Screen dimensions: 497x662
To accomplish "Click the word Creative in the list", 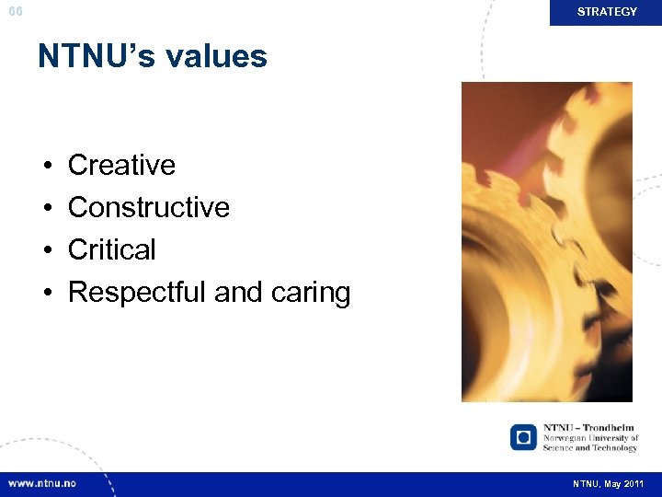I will [x=121, y=166].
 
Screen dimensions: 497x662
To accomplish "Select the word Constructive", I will [x=149, y=208].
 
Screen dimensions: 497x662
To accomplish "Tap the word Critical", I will [x=112, y=250].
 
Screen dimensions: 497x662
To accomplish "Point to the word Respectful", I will [x=137, y=293].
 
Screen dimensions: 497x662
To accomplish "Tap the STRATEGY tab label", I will [x=607, y=12].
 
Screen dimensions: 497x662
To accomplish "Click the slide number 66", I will [x=15, y=12].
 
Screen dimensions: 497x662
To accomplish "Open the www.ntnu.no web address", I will [x=42, y=483].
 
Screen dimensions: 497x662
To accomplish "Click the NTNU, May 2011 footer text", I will [x=609, y=484].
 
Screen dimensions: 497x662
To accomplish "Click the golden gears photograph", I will [x=546, y=241].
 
